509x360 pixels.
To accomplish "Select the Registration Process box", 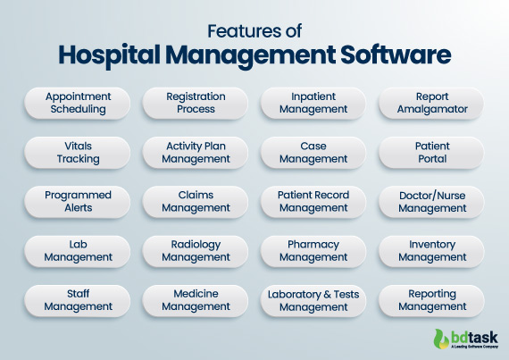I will point(196,103).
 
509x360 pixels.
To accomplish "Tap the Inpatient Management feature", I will point(313,103).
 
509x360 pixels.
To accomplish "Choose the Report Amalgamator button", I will point(432,103).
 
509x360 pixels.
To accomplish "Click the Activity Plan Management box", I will point(196,153).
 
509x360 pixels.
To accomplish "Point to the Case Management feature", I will point(313,153).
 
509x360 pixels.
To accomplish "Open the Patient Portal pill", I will point(432,153).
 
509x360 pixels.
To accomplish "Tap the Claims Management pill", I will point(196,202).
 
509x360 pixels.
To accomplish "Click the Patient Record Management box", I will point(313,202).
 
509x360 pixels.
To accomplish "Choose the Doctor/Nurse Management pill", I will point(432,202).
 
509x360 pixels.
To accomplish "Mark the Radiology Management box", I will point(196,251).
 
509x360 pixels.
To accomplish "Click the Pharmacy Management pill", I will point(313,251).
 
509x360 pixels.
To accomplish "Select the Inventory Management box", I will point(432,251).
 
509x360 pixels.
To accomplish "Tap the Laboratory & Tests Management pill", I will point(313,300).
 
